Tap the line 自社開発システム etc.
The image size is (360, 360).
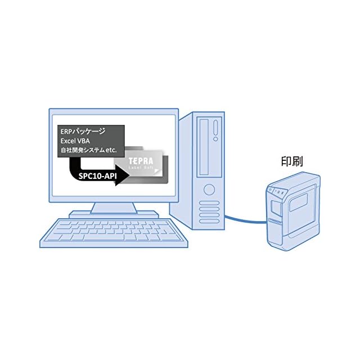(88, 150)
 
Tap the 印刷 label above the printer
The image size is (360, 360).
(292, 161)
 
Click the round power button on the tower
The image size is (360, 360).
(209, 188)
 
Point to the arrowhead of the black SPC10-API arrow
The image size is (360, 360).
(124, 174)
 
